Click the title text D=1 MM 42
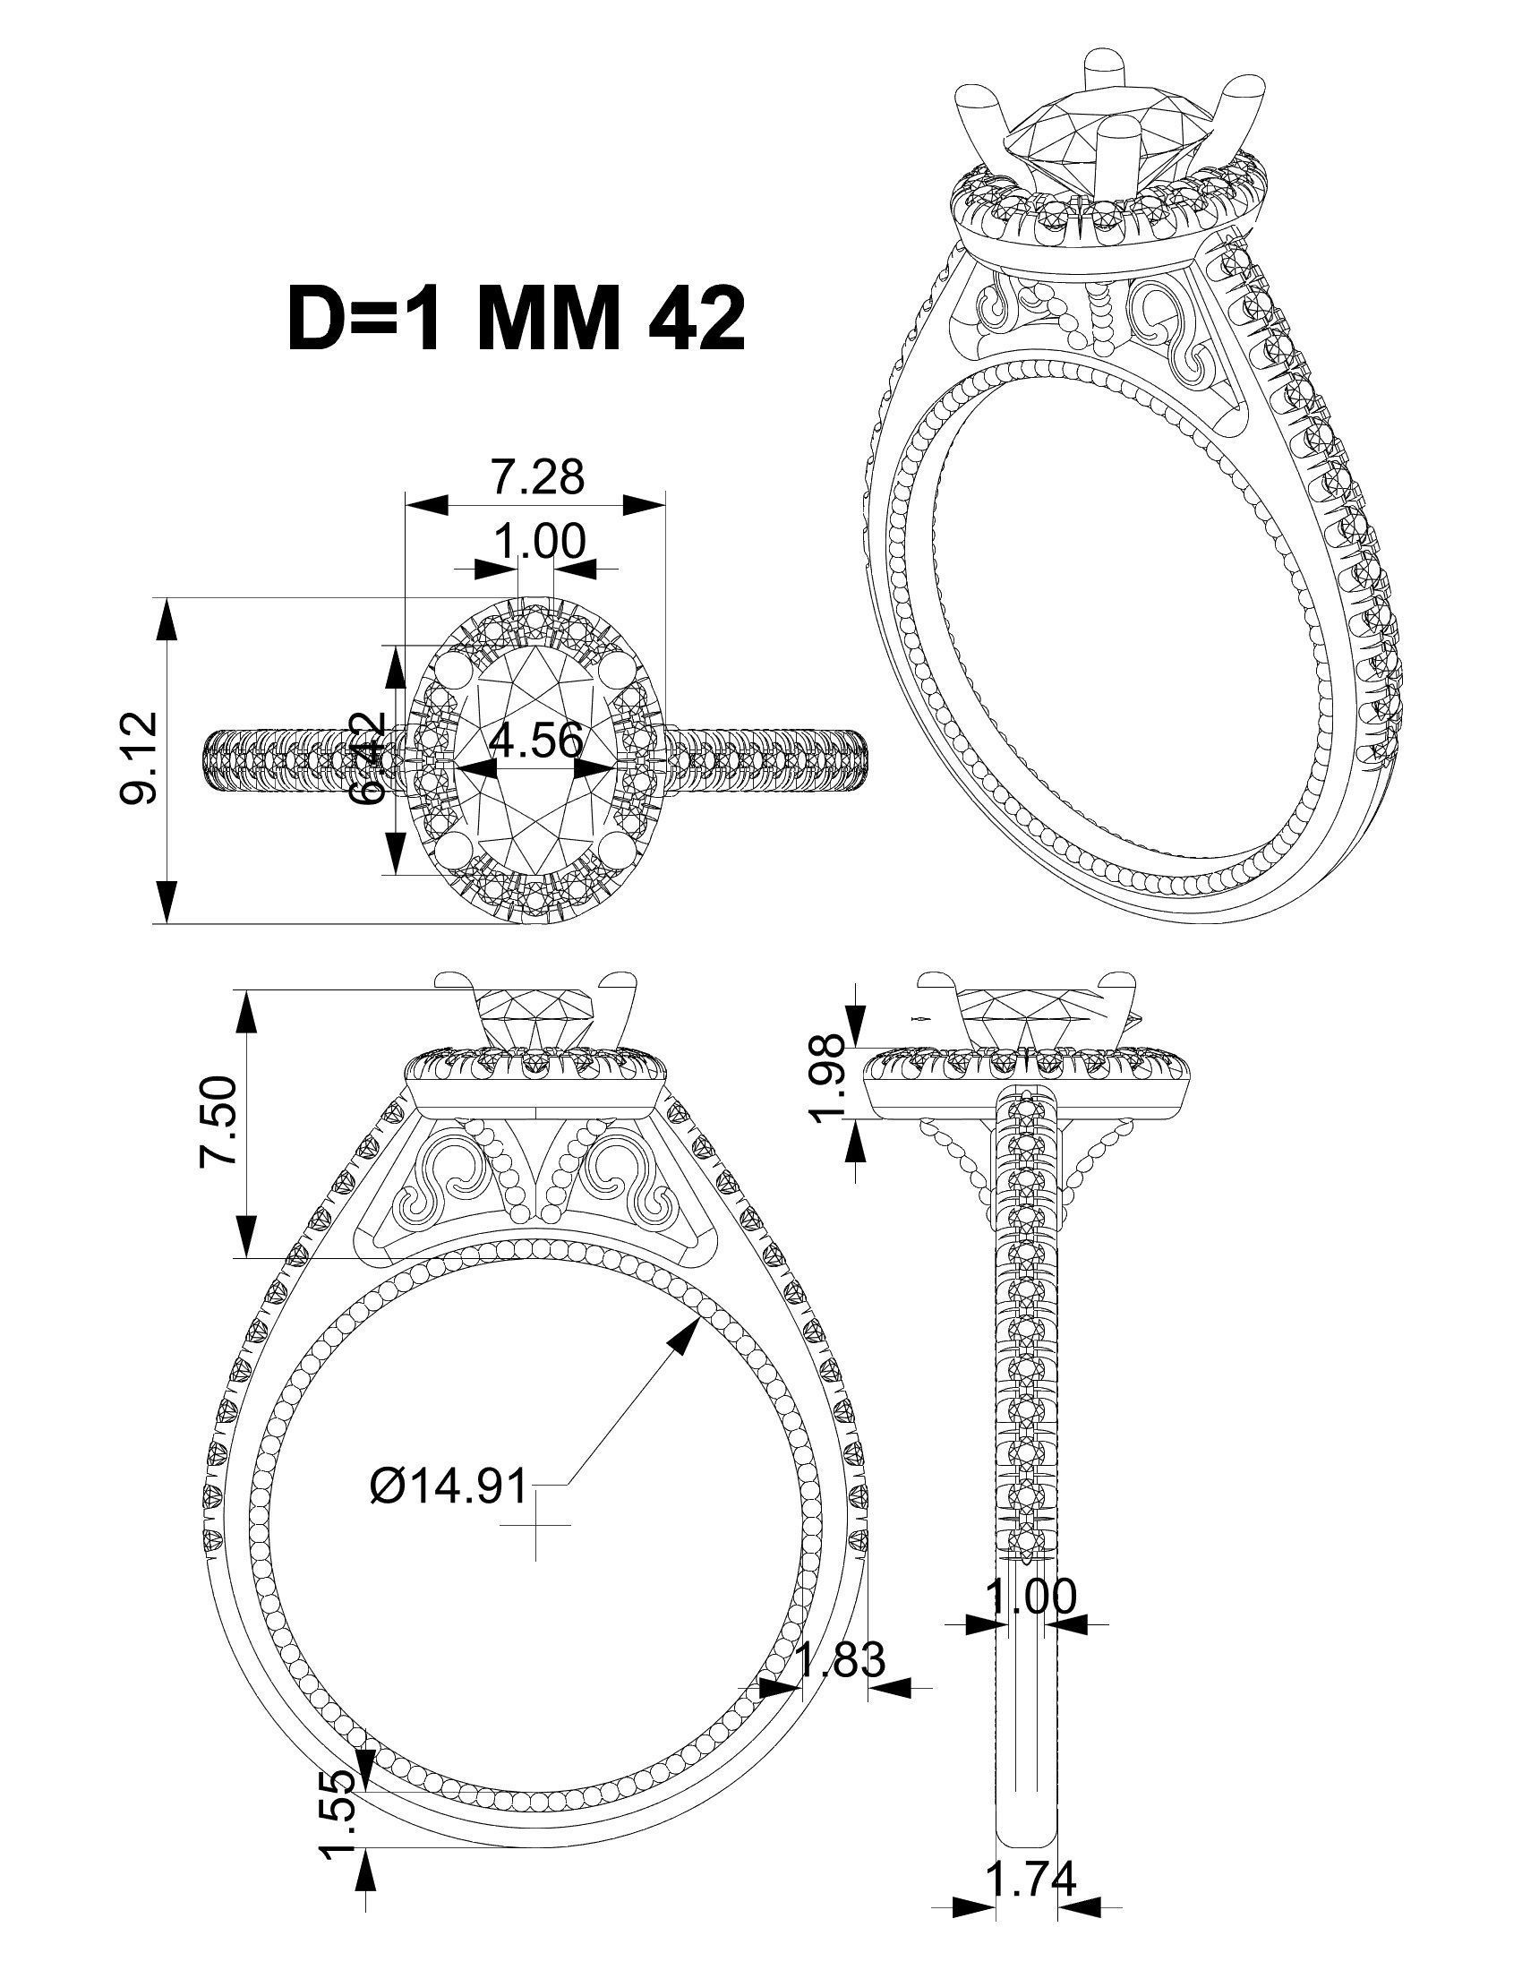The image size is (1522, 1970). [515, 320]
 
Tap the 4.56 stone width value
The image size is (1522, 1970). [535, 741]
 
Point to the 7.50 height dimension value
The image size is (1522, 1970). [218, 1121]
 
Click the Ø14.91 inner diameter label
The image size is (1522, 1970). [449, 1485]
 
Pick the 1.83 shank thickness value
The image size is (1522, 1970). [842, 1657]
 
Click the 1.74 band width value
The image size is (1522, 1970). [1031, 1879]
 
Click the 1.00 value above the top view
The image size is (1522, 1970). [539, 541]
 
